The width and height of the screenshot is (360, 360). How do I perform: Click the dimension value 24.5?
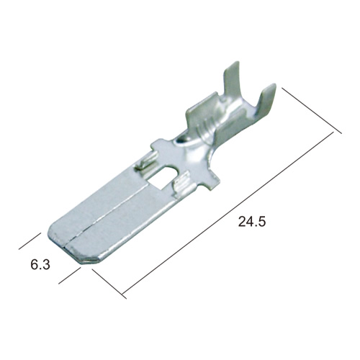tap(252, 221)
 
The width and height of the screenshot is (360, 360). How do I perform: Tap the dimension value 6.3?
tap(40, 264)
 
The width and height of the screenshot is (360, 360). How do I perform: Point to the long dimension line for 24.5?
tap(228, 212)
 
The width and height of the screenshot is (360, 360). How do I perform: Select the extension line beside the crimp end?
tap(312, 111)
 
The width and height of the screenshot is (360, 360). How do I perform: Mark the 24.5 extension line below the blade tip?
tap(109, 284)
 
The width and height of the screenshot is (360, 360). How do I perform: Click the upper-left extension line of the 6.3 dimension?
tap(30, 241)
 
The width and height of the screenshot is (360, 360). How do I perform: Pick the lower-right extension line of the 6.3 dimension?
tap(70, 276)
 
